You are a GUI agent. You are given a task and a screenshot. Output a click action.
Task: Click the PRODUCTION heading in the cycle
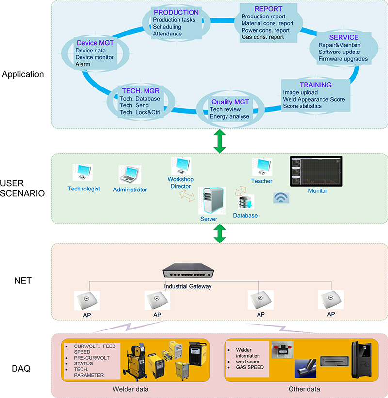176,12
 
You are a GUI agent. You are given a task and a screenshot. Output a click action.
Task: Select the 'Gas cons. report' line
262,37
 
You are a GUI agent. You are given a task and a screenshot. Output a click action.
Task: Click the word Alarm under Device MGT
83,64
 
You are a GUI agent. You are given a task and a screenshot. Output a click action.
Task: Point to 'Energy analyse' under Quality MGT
229,116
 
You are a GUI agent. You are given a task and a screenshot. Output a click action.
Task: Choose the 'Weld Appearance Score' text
314,100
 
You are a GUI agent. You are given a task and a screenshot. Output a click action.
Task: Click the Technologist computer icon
82,173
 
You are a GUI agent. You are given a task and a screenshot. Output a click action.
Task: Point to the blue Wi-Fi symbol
280,198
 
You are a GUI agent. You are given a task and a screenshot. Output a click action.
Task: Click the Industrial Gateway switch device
188,274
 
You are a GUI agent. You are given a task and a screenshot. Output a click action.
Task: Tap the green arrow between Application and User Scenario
220,141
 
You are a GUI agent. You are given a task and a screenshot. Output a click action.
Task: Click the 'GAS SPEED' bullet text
250,367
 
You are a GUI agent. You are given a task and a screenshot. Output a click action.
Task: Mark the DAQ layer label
21,369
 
